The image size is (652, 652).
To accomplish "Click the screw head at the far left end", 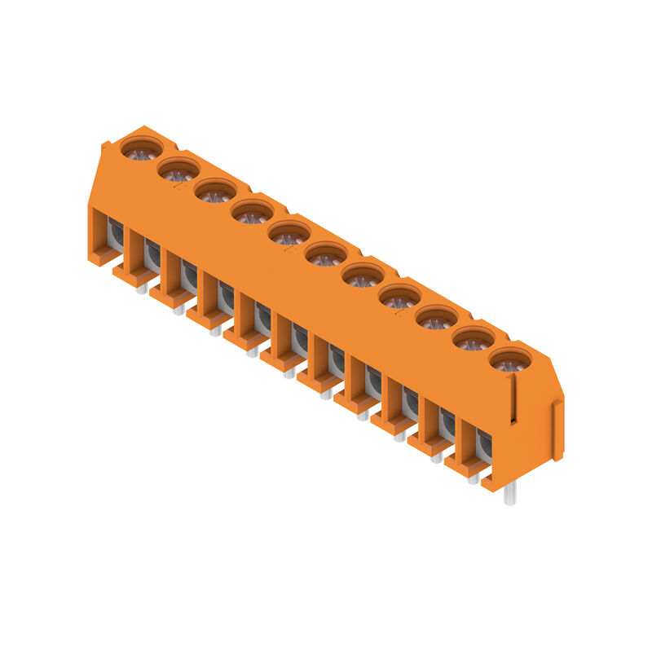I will [142, 149].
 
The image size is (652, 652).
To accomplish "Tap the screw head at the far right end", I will [510, 359].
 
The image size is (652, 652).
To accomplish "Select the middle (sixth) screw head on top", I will [326, 254].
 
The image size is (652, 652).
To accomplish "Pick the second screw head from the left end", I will [178, 170].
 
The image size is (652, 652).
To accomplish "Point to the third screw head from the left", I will [215, 192].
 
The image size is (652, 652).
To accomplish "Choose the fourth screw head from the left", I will [253, 212].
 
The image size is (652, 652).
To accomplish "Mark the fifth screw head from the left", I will [289, 233].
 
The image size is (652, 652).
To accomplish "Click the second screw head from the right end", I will [474, 338].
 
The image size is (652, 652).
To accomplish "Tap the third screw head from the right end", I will [437, 317].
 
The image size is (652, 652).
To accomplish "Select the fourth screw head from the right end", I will [399, 297].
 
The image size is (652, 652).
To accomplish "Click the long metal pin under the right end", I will [509, 492].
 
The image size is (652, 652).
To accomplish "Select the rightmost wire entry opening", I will [483, 445].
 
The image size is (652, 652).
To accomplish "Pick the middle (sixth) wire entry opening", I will [299, 340].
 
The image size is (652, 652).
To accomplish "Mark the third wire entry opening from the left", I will [188, 277].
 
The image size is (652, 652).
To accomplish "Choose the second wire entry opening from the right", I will [447, 424].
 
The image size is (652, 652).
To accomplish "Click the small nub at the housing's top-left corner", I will [105, 146].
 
